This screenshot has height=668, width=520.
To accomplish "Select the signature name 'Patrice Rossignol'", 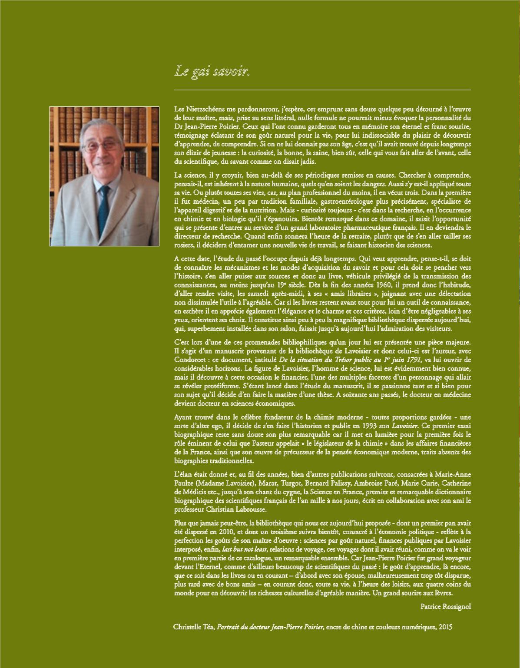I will (x=446, y=607).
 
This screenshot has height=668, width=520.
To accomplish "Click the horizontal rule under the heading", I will (x=322, y=89).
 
